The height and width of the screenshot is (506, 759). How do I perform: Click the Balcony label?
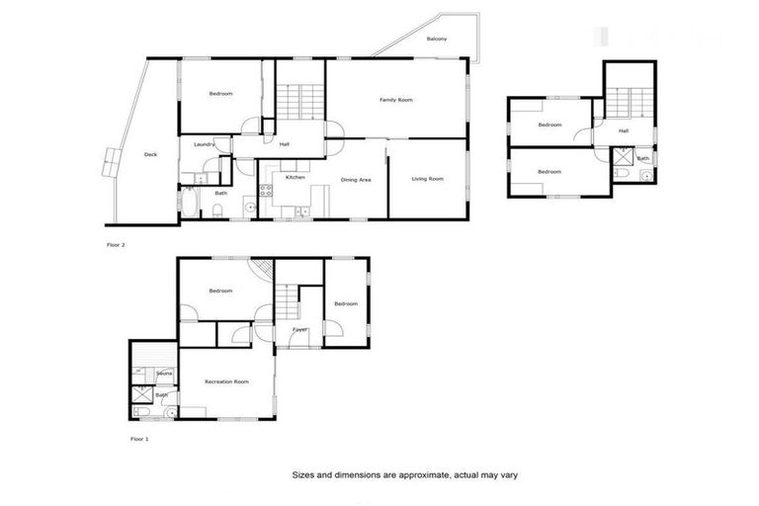tap(437, 39)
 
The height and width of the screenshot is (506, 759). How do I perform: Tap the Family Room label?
tap(396, 100)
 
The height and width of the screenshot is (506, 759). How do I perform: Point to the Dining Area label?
tap(356, 180)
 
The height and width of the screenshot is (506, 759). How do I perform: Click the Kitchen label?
tap(295, 177)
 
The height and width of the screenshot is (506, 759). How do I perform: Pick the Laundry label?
tap(205, 145)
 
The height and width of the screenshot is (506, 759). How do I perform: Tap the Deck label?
tap(150, 154)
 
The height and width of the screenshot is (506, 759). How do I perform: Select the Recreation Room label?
tap(226, 380)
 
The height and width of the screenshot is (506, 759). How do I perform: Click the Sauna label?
tap(165, 373)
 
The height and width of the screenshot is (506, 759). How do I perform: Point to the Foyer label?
tap(299, 329)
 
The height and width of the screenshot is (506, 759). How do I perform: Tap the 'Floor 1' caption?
tap(139, 438)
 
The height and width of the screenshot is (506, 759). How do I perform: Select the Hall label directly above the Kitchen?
tap(285, 145)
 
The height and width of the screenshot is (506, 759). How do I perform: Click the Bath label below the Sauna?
tap(160, 394)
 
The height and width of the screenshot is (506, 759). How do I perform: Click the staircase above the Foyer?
tap(288, 296)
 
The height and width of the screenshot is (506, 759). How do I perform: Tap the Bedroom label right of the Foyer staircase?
tap(345, 303)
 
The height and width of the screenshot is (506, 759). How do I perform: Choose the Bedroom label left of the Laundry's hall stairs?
tap(220, 94)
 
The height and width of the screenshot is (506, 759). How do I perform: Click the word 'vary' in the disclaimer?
tap(505, 474)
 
